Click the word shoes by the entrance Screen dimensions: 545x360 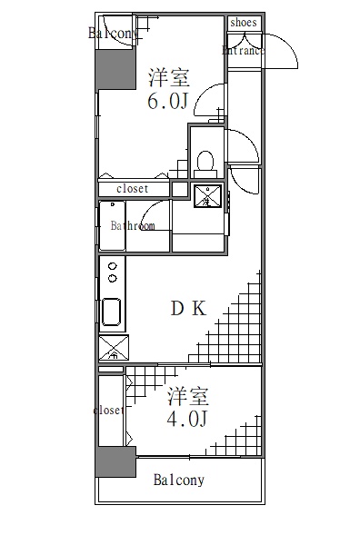tap(244, 23)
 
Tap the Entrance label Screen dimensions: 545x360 tap(244, 51)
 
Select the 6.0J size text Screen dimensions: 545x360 tap(168, 100)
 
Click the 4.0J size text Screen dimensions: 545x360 tap(188, 419)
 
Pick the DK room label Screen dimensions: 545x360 tap(189, 309)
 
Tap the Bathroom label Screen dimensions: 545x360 tap(133, 225)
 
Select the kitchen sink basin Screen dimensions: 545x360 tap(113, 312)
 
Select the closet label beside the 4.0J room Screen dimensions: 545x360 tap(108, 411)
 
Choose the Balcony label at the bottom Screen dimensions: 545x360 tap(178, 481)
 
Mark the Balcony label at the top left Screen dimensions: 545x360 tap(114, 34)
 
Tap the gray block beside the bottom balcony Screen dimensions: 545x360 tap(115, 462)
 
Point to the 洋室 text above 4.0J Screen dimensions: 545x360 tap(188, 397)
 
